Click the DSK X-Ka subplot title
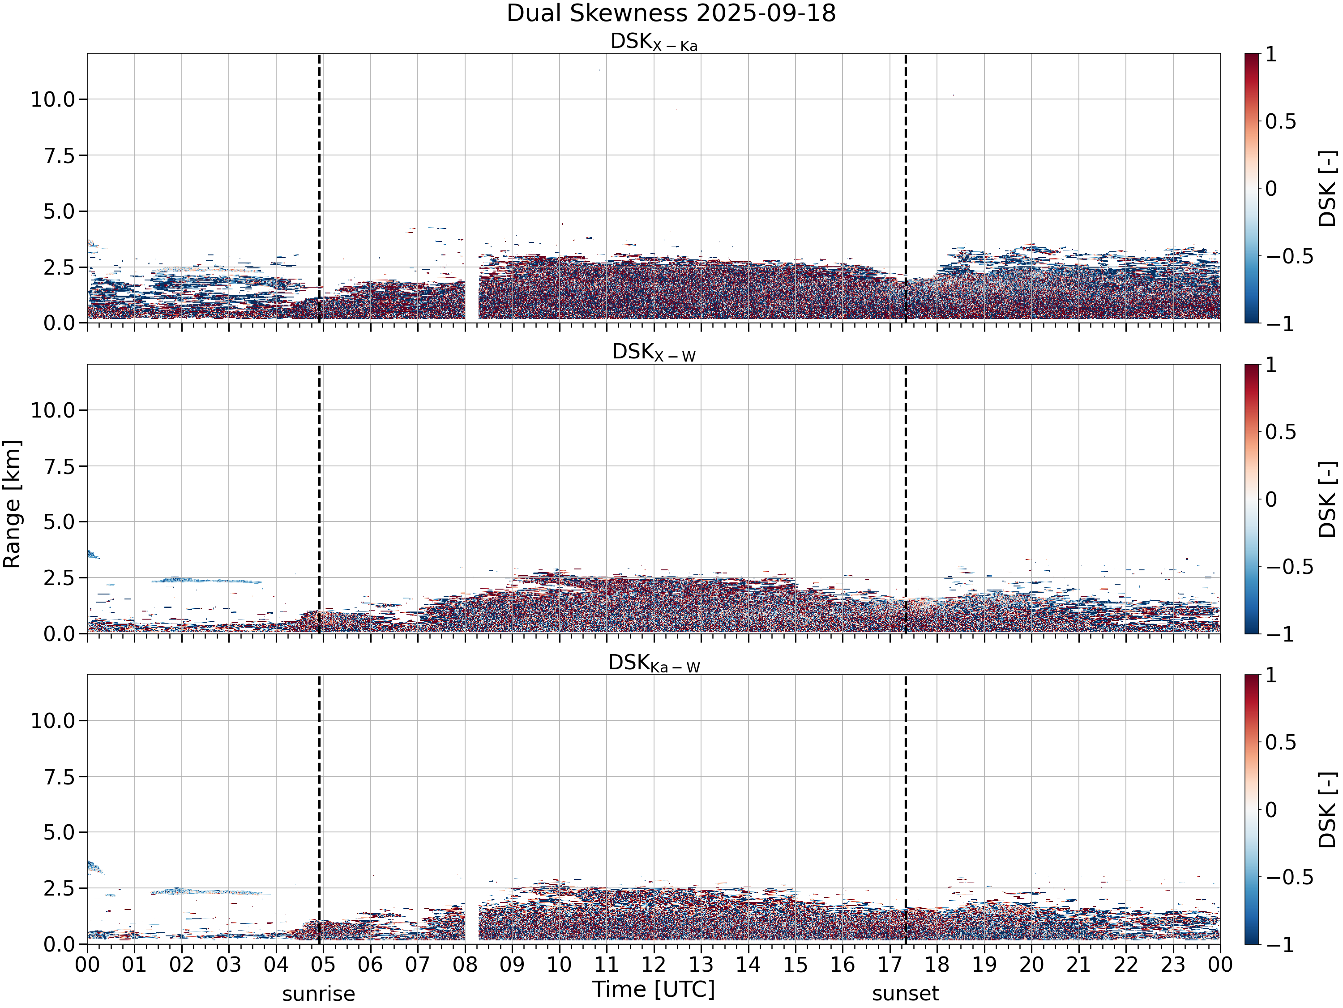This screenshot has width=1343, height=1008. coord(654,42)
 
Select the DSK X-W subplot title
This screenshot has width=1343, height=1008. coord(654,353)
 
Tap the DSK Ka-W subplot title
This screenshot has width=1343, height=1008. coord(654,663)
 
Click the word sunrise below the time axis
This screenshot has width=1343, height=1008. coord(319,994)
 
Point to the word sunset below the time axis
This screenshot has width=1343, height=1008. coord(905,994)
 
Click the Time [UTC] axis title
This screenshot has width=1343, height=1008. coord(654,989)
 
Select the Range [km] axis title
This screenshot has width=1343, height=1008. coord(12,504)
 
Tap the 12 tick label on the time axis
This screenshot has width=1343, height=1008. coord(654,964)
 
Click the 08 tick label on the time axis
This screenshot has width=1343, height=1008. coord(465,964)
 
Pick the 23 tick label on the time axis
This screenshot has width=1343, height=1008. coord(1173,964)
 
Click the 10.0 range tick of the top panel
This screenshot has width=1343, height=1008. coord(53,99)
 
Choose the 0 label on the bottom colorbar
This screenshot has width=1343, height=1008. coord(1271,810)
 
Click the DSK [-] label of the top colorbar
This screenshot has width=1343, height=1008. coord(1328,188)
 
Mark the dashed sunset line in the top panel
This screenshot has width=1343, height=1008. coord(905,188)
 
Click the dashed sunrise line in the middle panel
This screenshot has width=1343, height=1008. coord(319,499)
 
